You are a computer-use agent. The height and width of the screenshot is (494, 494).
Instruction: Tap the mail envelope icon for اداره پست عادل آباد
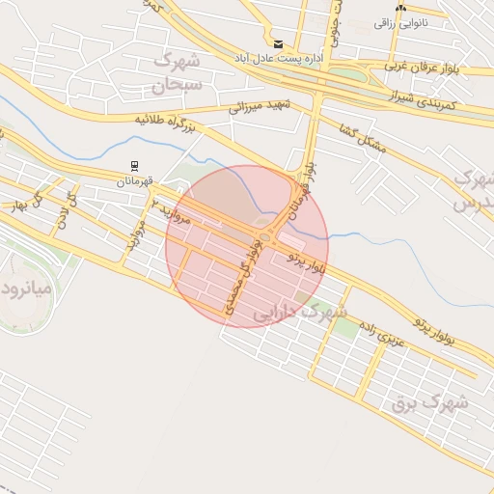click(279, 44)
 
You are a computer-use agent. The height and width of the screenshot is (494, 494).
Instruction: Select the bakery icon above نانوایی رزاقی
click(400, 8)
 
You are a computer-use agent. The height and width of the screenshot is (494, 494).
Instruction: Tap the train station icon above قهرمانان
click(134, 166)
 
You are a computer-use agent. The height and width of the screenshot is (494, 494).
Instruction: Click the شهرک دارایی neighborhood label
click(299, 313)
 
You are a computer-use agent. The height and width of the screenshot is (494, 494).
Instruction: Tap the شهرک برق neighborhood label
click(430, 400)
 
